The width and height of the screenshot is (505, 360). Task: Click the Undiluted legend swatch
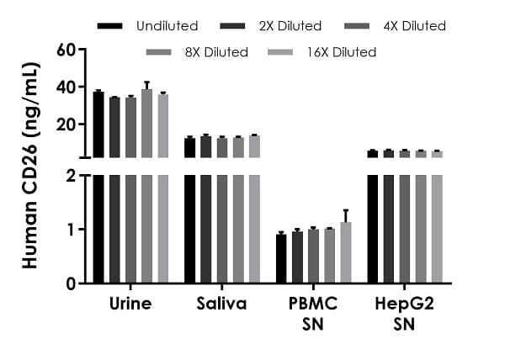[x=109, y=26]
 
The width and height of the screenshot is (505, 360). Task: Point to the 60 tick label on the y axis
[x=66, y=50]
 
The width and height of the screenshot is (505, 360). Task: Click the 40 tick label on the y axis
[x=66, y=87]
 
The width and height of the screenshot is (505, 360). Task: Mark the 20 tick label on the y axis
[x=66, y=124]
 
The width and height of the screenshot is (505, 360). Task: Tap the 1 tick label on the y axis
[x=72, y=230]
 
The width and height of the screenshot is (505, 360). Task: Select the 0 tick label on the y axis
[x=72, y=283]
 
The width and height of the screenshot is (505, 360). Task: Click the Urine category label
[x=130, y=304]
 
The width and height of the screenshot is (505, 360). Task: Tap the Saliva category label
[x=222, y=304]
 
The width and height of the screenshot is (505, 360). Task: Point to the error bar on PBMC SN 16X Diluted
[x=345, y=215]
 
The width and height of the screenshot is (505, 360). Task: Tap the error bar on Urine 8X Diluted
[x=146, y=86]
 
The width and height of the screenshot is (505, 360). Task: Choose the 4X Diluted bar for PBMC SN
[x=313, y=256]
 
